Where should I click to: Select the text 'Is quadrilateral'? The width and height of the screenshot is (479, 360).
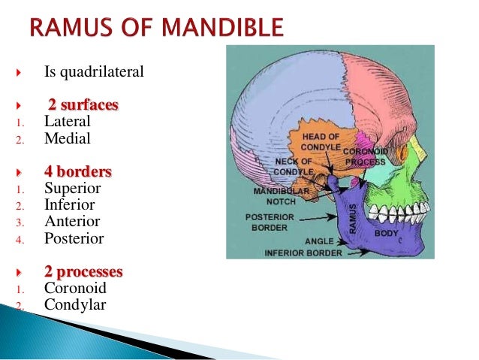coord(94,73)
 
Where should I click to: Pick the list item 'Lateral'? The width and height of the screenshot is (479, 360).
coord(68,121)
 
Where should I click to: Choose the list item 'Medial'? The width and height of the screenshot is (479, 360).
coord(68,138)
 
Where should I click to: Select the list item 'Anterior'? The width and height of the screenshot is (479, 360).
coord(72,222)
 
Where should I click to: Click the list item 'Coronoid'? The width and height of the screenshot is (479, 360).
coord(75,289)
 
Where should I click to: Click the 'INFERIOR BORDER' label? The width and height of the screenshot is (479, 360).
coord(303,253)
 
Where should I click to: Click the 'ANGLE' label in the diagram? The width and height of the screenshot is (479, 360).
coord(319,241)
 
